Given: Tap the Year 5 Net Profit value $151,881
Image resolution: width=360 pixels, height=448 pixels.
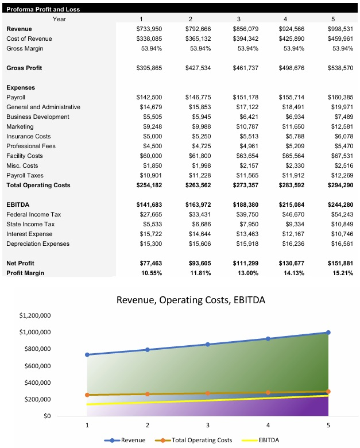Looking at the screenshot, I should click(x=340, y=263).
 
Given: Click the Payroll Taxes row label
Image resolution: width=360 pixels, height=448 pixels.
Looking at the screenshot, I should click(x=25, y=175).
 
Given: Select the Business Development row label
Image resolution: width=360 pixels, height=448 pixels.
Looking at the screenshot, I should click(x=37, y=117).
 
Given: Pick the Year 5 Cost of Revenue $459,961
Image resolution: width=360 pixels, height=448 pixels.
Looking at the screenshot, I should click(x=340, y=38).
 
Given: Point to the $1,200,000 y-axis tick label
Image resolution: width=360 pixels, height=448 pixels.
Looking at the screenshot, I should click(x=36, y=316).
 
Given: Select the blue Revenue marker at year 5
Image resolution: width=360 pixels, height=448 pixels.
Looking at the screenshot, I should click(x=328, y=333).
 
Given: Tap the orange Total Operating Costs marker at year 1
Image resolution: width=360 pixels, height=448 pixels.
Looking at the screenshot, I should click(x=87, y=395).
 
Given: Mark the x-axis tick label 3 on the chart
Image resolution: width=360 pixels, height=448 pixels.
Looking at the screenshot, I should click(x=208, y=426).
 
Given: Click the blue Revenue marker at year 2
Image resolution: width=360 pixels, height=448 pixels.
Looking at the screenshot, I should click(x=148, y=350).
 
